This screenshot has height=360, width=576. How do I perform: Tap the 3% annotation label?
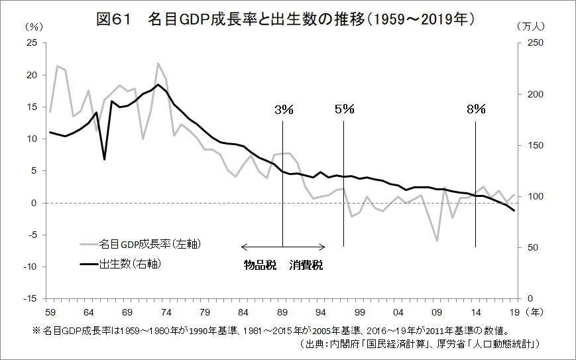pyautogui.click(x=283, y=109)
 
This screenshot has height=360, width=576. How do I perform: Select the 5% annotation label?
pyautogui.click(x=345, y=109)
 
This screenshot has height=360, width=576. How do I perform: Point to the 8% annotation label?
pyautogui.click(x=476, y=109)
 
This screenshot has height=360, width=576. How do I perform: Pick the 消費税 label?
pyautogui.click(x=306, y=265)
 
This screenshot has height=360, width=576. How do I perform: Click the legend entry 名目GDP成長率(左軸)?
pyautogui.click(x=149, y=244)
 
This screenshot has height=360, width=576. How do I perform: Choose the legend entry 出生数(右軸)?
pyautogui.click(x=130, y=264)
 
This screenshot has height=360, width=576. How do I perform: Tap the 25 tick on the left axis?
pyautogui.click(x=30, y=43)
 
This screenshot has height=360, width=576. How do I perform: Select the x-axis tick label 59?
pyautogui.click(x=50, y=312)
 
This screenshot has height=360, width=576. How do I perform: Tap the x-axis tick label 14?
pyautogui.click(x=475, y=312)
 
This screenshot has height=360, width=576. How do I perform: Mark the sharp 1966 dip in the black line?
pyautogui.click(x=104, y=159)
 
